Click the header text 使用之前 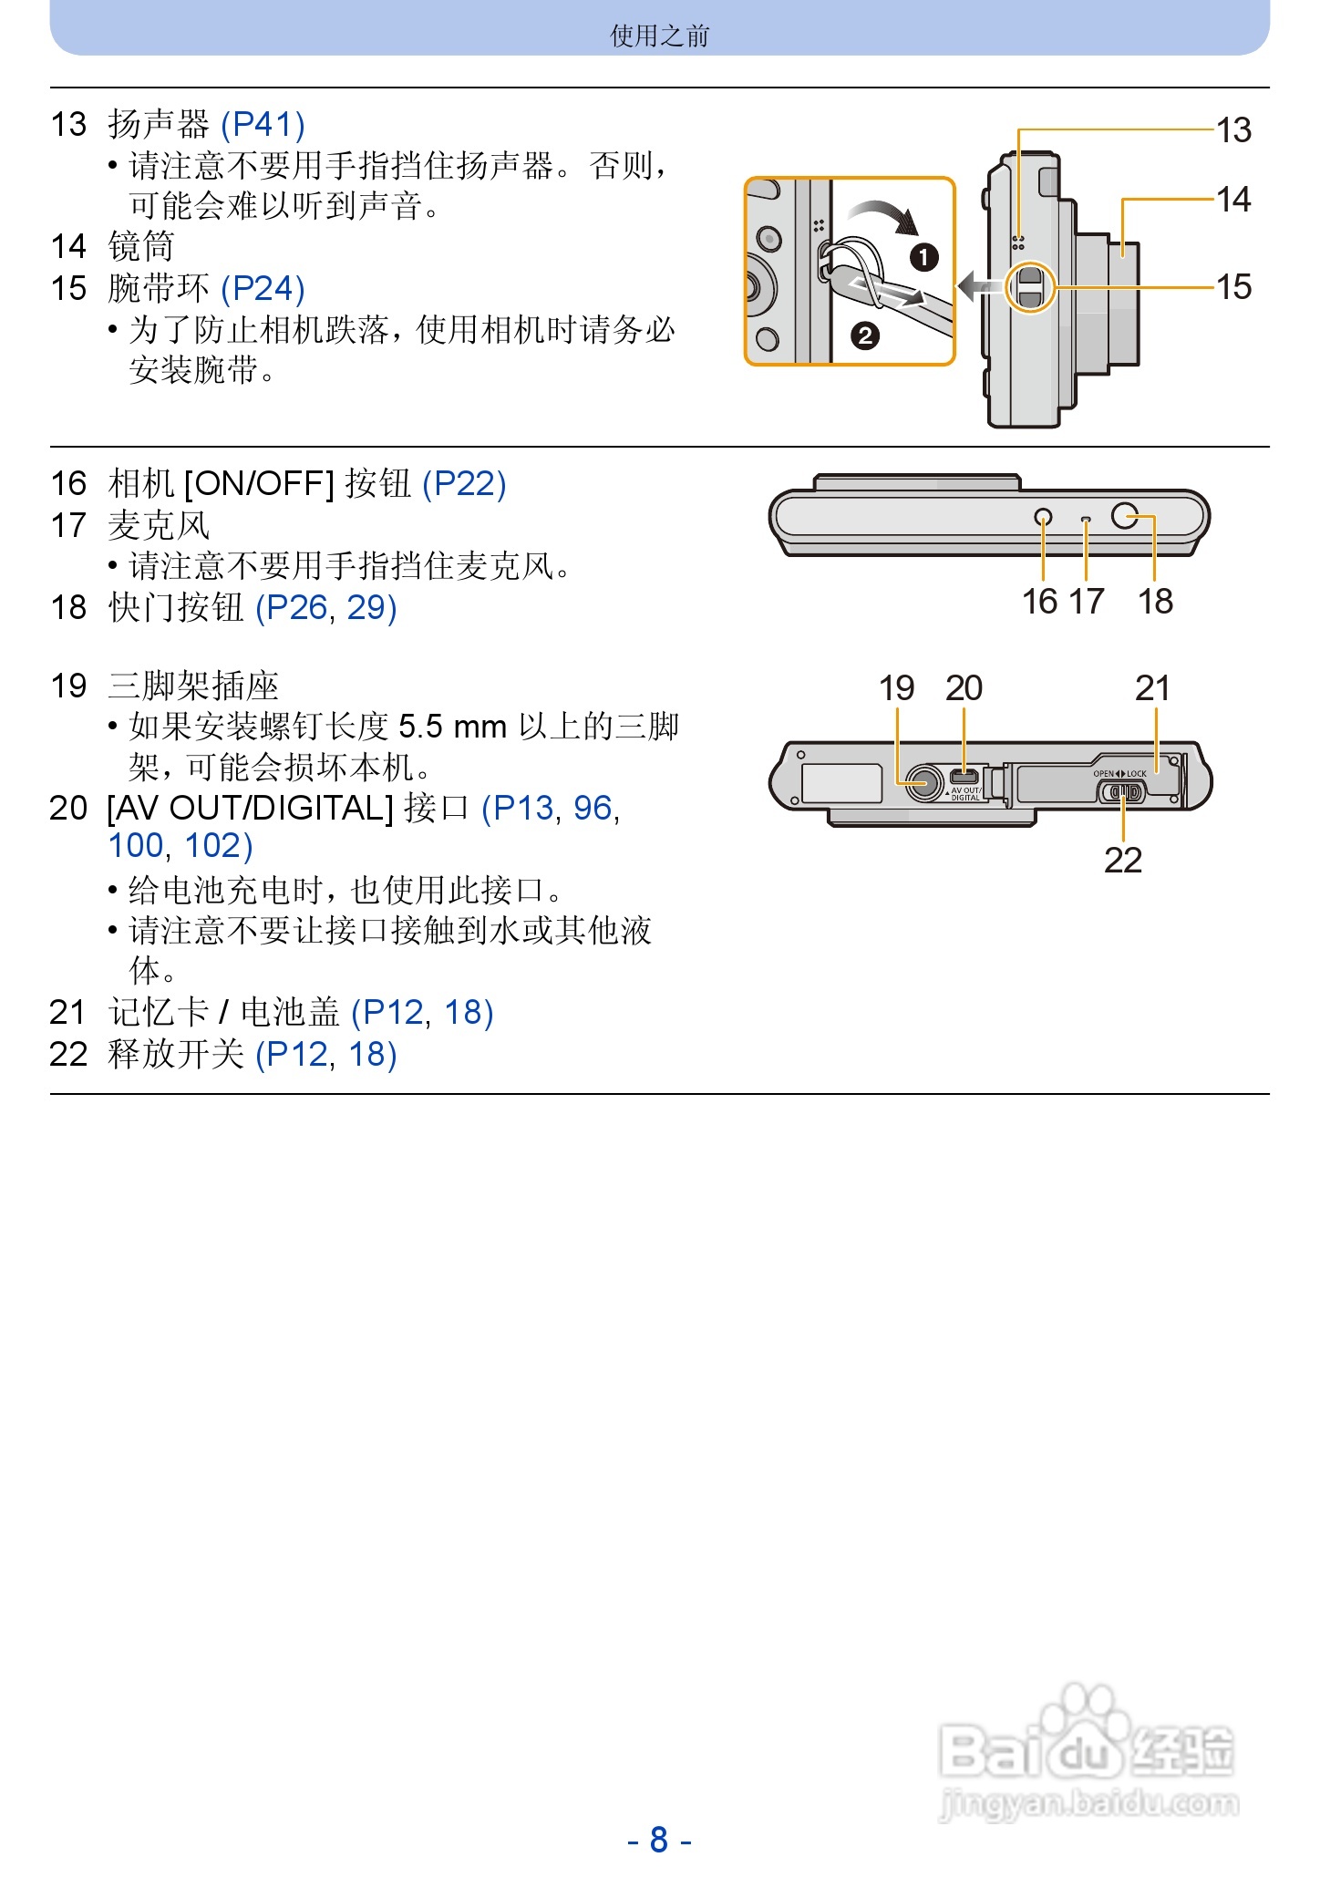pyautogui.click(x=659, y=36)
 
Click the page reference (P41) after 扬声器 pyautogui.click(x=263, y=124)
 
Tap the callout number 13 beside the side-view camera pyautogui.click(x=1233, y=130)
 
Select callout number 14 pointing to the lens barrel pyautogui.click(x=1233, y=200)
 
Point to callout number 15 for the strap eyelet pyautogui.click(x=1233, y=287)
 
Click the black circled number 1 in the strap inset pyautogui.click(x=923, y=257)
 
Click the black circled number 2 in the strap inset pyautogui.click(x=864, y=335)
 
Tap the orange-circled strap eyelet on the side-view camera pyautogui.click(x=1030, y=287)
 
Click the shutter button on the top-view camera pyautogui.click(x=1125, y=516)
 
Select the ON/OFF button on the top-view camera pyautogui.click(x=1043, y=518)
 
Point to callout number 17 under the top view pyautogui.click(x=1086, y=602)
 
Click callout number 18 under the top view pyautogui.click(x=1155, y=602)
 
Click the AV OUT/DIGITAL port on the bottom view pyautogui.click(x=964, y=777)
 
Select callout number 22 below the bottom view pyautogui.click(x=1122, y=860)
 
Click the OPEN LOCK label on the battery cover pyautogui.click(x=1119, y=774)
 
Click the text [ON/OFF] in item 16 pyautogui.click(x=259, y=483)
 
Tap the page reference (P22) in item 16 pyautogui.click(x=464, y=483)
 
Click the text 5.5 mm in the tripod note pyautogui.click(x=452, y=727)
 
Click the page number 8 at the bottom pyautogui.click(x=659, y=1839)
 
